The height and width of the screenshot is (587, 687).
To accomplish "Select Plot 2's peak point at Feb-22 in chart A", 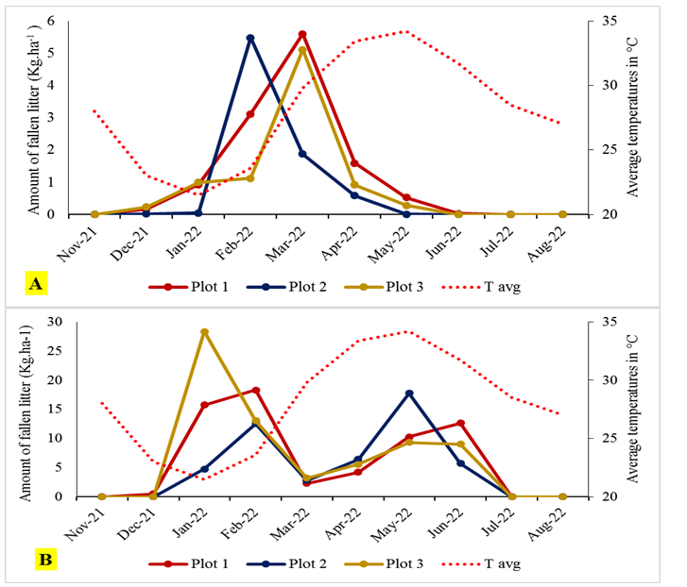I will tap(250, 38).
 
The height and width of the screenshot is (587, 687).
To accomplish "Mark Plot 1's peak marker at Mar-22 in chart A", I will tap(302, 34).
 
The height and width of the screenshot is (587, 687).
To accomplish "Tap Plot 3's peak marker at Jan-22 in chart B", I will tap(204, 332).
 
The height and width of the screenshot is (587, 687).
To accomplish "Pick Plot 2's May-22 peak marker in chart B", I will tap(408, 393).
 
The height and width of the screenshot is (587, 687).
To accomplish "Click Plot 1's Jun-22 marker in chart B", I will tap(460, 423).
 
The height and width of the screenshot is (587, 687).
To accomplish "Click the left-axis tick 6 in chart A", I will tap(76, 21).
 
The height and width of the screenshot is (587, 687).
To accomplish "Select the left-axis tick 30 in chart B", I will tap(72, 322).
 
